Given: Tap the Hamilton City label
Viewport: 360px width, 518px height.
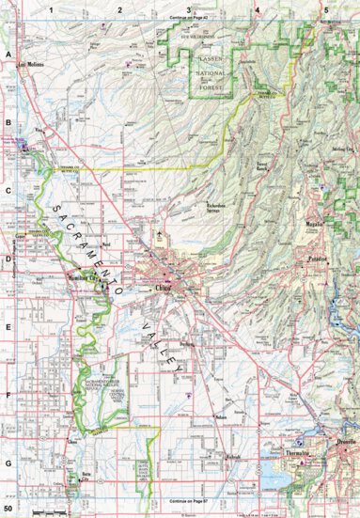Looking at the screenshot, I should click(86, 279).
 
